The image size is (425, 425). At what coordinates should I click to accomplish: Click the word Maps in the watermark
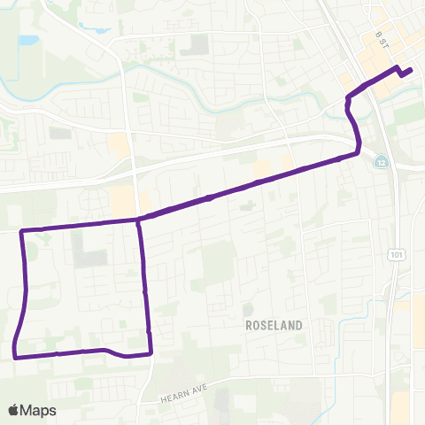(x=40, y=410)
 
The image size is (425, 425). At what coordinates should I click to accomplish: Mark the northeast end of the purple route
(x=412, y=71)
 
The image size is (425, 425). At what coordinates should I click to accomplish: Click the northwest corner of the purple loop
(x=21, y=232)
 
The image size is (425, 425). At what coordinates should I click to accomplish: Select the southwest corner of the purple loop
(x=15, y=357)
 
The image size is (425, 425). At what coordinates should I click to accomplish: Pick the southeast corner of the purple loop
(x=151, y=353)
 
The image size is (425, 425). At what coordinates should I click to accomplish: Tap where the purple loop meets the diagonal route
(x=139, y=219)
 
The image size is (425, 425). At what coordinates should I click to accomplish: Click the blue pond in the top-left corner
(x=27, y=40)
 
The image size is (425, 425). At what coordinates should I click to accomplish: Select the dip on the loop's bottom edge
(x=115, y=355)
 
